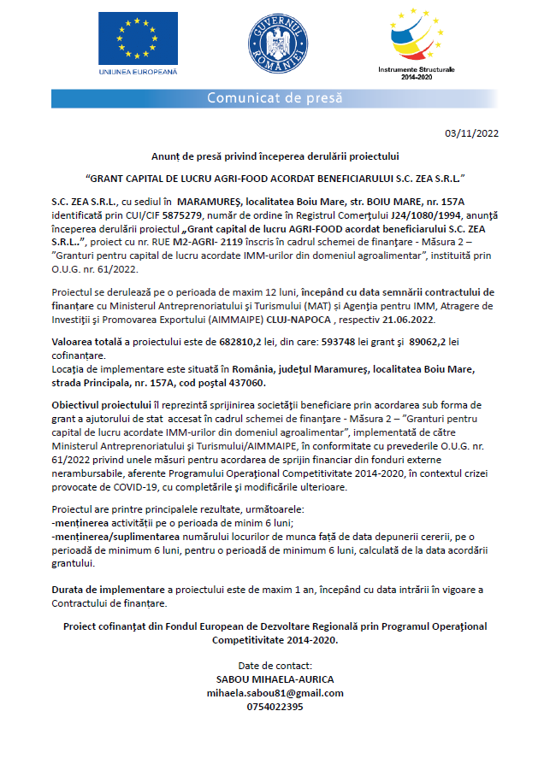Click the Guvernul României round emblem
[x=275, y=44]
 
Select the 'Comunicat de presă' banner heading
[x=275, y=98]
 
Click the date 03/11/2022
[x=472, y=133]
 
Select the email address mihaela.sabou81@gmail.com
[x=275, y=693]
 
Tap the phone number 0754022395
[x=275, y=707]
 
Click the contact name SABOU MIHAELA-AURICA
[x=275, y=679]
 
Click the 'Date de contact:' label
[x=275, y=666]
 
